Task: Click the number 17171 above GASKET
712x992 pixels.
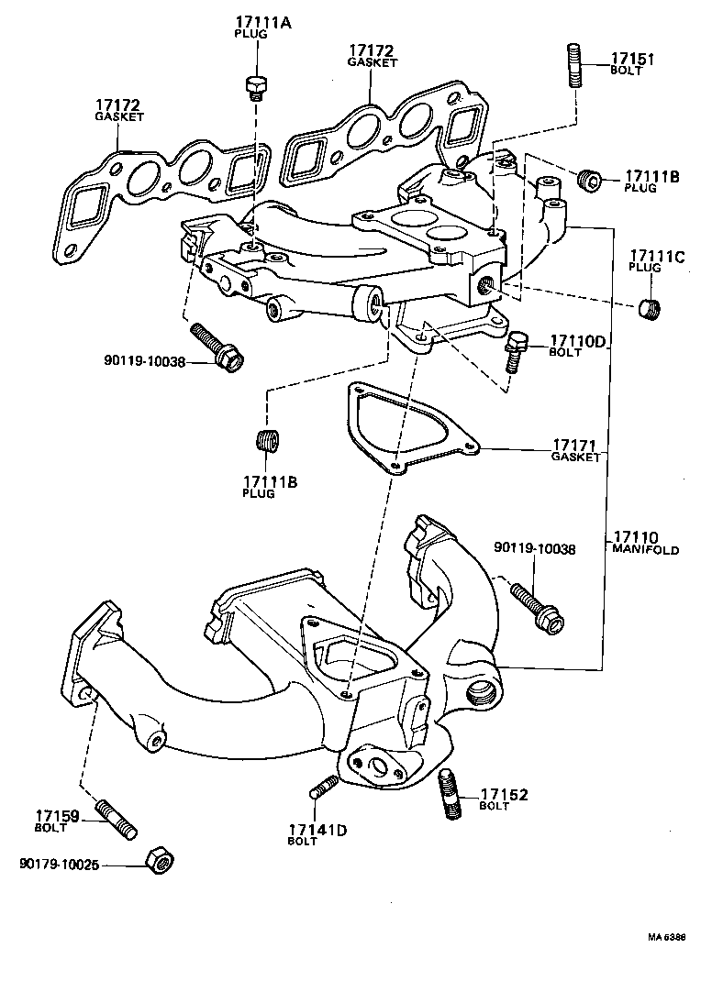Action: click(x=574, y=445)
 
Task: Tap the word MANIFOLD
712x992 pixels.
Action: click(x=646, y=550)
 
